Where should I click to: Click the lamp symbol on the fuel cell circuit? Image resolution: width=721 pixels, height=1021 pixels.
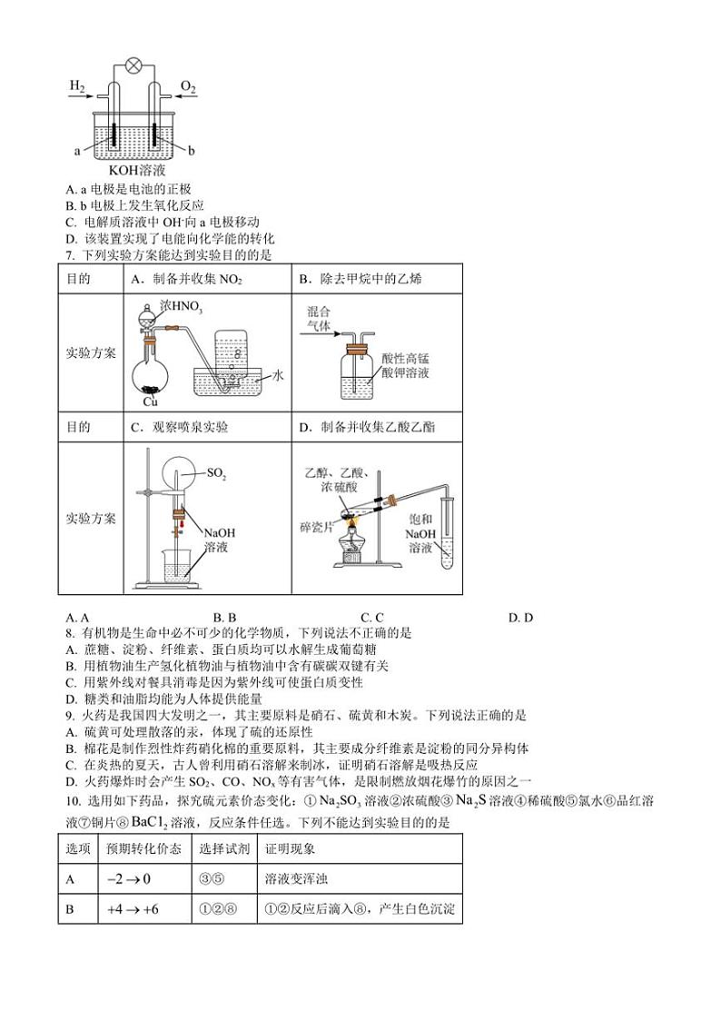pyautogui.click(x=133, y=65)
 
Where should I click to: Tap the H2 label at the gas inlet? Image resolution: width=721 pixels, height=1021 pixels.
pyautogui.click(x=77, y=86)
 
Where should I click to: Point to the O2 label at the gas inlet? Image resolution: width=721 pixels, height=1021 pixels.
pyautogui.click(x=188, y=86)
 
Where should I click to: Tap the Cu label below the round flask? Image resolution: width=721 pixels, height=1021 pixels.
pyautogui.click(x=151, y=401)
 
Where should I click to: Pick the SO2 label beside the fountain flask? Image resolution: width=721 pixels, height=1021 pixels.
pyautogui.click(x=216, y=473)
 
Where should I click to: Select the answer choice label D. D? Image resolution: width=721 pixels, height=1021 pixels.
pyautogui.click(x=520, y=618)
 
